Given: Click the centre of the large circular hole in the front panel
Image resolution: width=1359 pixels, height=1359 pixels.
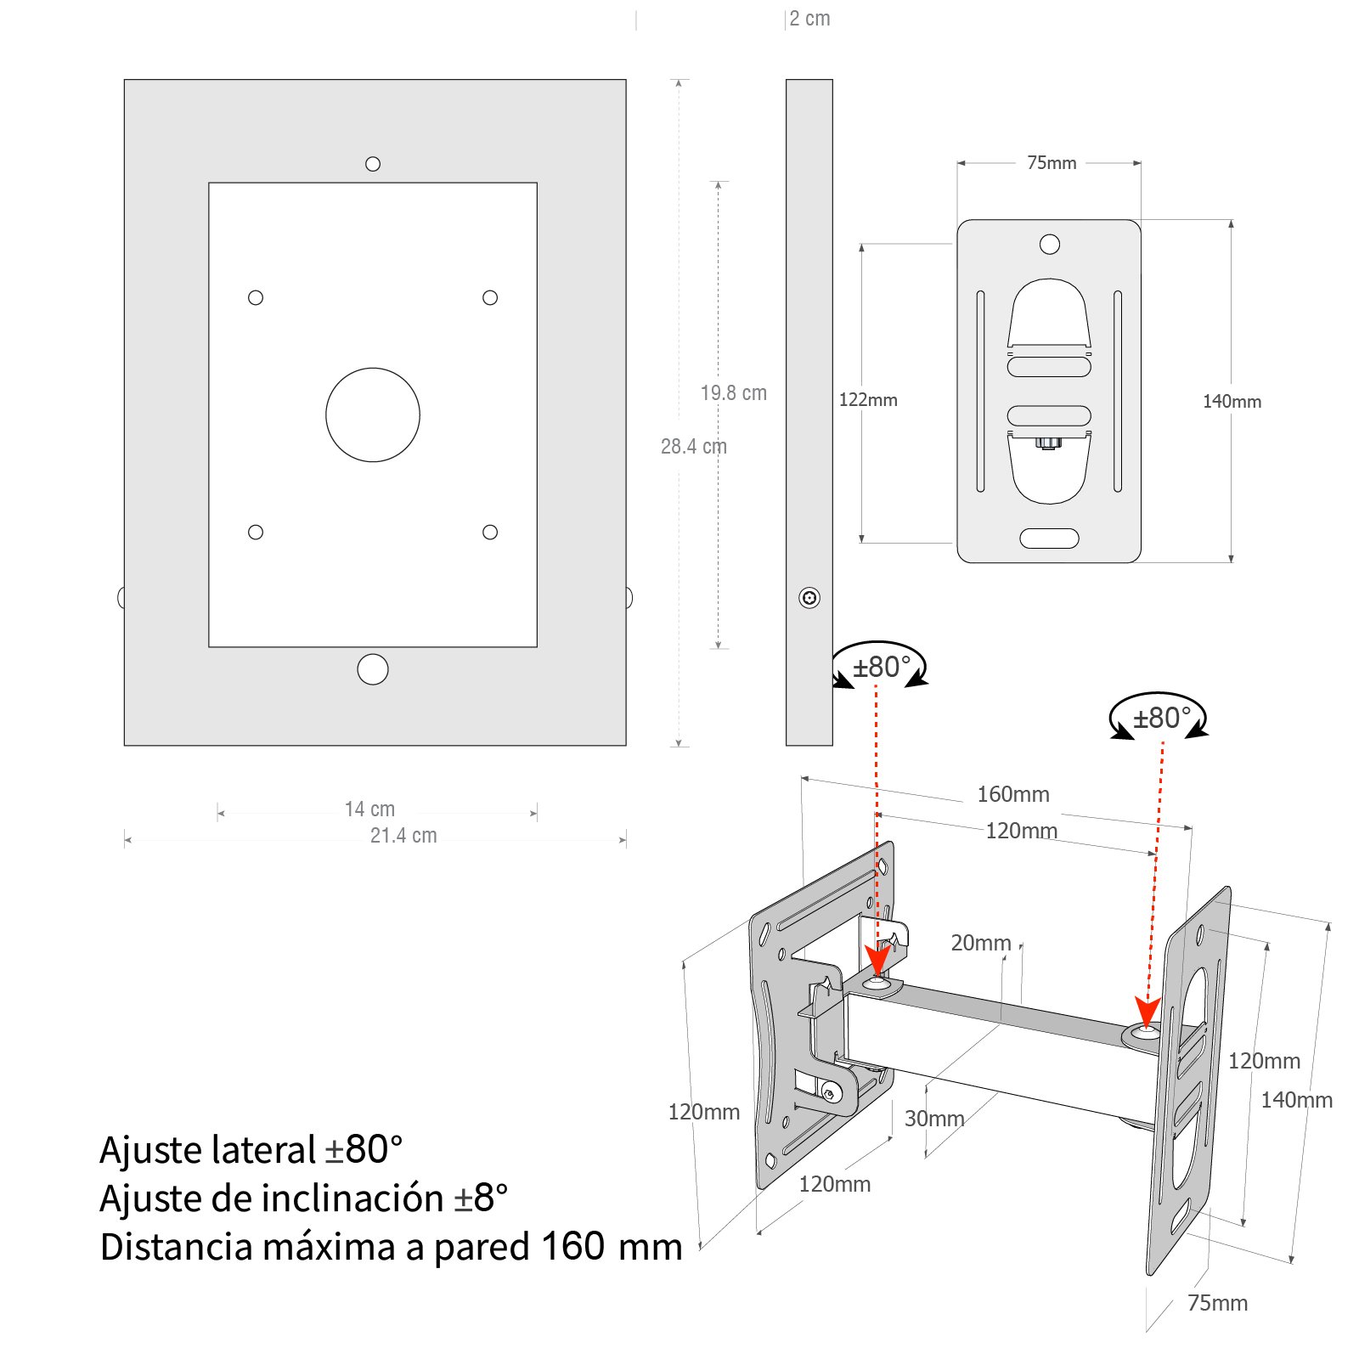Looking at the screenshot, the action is [373, 414].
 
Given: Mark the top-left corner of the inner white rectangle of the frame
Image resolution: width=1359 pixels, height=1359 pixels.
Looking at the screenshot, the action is [209, 183].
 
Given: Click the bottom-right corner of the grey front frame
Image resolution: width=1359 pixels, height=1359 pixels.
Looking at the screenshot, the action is [626, 746].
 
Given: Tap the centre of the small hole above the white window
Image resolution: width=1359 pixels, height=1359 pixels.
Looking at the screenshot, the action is [373, 164].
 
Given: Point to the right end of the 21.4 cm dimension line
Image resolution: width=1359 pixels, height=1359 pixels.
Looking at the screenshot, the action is [626, 840].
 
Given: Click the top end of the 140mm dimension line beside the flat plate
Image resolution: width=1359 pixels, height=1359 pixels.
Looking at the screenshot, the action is [1231, 221].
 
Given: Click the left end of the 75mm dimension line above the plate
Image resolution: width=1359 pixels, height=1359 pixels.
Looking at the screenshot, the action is [958, 163].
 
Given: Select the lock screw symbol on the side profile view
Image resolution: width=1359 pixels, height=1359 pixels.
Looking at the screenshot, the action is [809, 598].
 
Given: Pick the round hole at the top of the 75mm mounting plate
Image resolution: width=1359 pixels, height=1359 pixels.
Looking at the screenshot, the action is [1050, 245].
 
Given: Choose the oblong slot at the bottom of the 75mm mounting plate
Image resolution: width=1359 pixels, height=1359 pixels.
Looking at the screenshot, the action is [1049, 539].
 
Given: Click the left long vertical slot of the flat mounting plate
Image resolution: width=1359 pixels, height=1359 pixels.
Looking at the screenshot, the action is [981, 392].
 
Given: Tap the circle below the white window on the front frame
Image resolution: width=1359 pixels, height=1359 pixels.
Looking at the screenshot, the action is [373, 669].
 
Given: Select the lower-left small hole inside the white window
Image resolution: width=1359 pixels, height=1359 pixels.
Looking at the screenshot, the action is [256, 532].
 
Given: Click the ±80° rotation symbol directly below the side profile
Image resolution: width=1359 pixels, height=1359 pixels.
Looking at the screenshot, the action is [879, 666].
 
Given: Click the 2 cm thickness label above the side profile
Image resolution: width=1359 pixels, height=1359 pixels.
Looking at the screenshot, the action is [809, 19].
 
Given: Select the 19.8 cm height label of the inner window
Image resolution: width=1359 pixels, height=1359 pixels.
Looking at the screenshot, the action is [734, 392].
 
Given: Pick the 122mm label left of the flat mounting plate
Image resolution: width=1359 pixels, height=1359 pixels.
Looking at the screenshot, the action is [868, 400].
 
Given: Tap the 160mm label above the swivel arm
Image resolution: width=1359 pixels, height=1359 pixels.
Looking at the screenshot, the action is [1013, 794].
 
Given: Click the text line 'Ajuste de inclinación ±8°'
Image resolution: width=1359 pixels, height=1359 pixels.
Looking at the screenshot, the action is [304, 1198].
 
